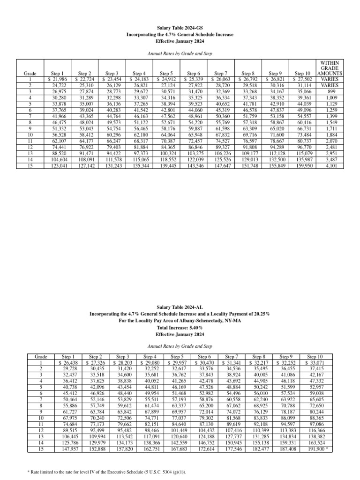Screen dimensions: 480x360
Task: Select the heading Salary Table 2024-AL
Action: [x=180, y=306]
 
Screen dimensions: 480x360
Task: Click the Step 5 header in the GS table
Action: [x=166, y=74]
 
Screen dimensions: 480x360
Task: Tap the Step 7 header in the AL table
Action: [x=233, y=357]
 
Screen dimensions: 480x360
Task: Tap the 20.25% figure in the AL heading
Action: [x=260, y=313]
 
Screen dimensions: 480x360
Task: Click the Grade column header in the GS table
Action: [x=30, y=74]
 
